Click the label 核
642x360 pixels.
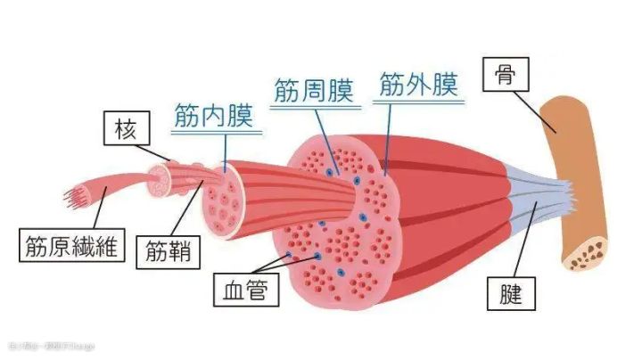click(123, 131)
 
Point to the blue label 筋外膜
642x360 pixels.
click(418, 86)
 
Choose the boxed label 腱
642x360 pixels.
click(505, 290)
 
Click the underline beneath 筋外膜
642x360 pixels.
click(418, 102)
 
